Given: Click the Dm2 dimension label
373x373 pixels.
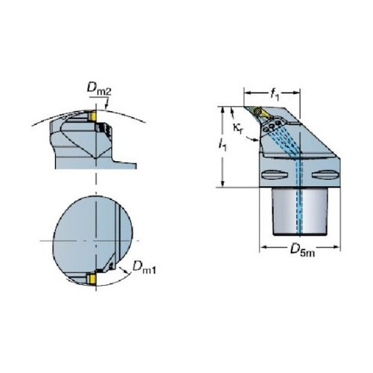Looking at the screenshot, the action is click(x=99, y=89).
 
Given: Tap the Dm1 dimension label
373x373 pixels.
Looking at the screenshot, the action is click(x=144, y=267).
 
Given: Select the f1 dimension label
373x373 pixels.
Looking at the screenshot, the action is click(x=275, y=95).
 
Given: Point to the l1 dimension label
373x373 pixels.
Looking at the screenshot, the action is click(x=222, y=145).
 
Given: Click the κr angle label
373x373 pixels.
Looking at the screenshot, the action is click(x=238, y=128).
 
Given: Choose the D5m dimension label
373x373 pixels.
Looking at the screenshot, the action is click(x=302, y=249).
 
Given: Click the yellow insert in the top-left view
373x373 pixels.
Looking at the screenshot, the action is click(x=93, y=116).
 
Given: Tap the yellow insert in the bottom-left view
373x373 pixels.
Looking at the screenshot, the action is click(x=92, y=278).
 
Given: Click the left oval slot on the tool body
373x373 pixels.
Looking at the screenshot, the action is click(x=275, y=175).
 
